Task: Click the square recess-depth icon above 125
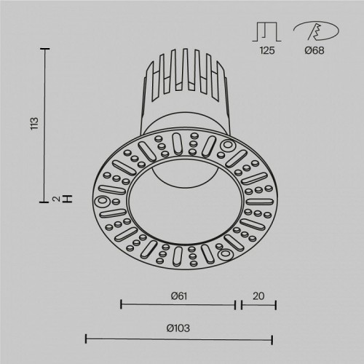point(267,31)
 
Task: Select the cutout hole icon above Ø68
point(316,31)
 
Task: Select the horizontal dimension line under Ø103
point(179,339)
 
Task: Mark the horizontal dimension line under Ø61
point(177,304)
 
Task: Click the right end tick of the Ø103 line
point(272,339)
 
